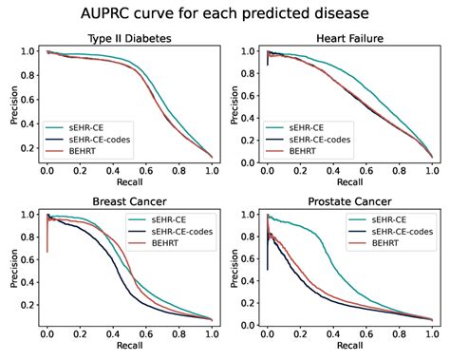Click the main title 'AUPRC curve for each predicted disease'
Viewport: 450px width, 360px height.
[225, 13]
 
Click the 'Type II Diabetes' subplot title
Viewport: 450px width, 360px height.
[123, 38]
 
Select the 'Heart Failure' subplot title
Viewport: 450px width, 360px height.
[348, 38]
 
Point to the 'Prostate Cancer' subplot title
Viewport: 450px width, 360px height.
[348, 201]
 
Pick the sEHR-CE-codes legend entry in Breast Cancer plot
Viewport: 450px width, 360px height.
[171, 232]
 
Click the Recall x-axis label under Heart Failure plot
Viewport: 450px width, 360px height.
[348, 180]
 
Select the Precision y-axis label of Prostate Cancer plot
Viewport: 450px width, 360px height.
[234, 267]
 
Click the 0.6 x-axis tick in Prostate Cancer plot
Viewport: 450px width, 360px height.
[366, 333]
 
